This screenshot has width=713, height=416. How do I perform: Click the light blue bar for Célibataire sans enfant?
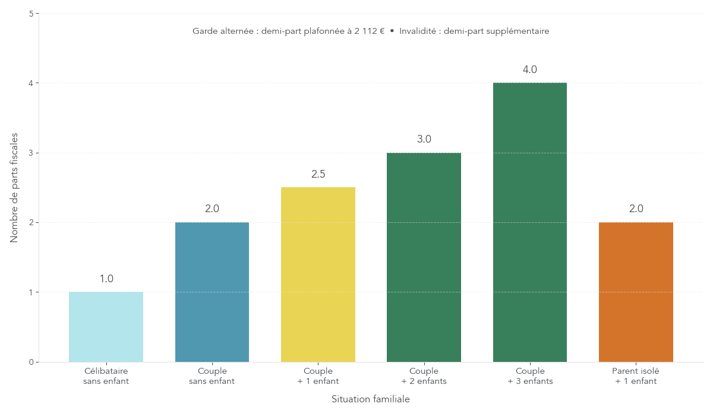(106, 327)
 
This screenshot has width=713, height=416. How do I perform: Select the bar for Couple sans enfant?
(212, 292)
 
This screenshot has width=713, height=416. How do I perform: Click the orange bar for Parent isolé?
(636, 292)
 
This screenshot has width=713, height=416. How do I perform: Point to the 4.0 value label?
(530, 70)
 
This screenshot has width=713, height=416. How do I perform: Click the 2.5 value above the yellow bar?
(318, 174)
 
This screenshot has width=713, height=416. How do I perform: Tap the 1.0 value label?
(106, 279)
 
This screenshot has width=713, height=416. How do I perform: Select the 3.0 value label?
(424, 139)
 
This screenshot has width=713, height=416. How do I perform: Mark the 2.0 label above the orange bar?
(636, 209)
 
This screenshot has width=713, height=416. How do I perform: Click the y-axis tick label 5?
(31, 14)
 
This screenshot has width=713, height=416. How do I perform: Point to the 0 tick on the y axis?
(31, 362)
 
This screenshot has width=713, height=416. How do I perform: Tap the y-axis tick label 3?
(31, 153)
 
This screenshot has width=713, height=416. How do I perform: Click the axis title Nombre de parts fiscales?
(14, 187)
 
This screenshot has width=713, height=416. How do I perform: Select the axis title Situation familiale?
(371, 399)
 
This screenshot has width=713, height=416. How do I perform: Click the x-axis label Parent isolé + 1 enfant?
(636, 376)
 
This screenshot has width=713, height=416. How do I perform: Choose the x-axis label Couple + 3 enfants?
(530, 376)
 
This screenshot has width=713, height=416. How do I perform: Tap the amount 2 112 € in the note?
(370, 31)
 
